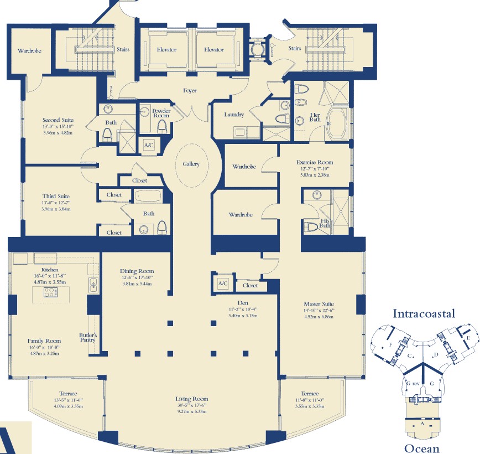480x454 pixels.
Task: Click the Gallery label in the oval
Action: (191, 164)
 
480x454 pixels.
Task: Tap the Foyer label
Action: (190, 90)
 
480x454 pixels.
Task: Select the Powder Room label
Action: (161, 113)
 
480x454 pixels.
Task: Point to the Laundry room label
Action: (234, 115)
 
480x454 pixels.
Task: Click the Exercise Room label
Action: (315, 162)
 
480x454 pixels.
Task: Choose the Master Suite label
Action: (319, 304)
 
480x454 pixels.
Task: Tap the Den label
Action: (243, 303)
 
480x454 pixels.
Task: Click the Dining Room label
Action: (137, 271)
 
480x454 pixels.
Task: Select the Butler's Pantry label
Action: (88, 337)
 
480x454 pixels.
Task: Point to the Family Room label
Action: (44, 341)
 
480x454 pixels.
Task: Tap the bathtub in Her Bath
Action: (337, 123)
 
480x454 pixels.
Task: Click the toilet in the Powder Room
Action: (162, 127)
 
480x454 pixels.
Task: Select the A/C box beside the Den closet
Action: (223, 283)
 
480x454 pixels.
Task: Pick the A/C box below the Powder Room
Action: (149, 145)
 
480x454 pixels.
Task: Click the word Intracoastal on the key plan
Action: (424, 313)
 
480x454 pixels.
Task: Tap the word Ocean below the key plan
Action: (422, 448)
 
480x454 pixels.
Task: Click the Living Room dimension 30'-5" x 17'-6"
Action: (192, 405)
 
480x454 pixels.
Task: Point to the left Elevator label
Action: (167, 50)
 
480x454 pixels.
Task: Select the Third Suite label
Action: (56, 196)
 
